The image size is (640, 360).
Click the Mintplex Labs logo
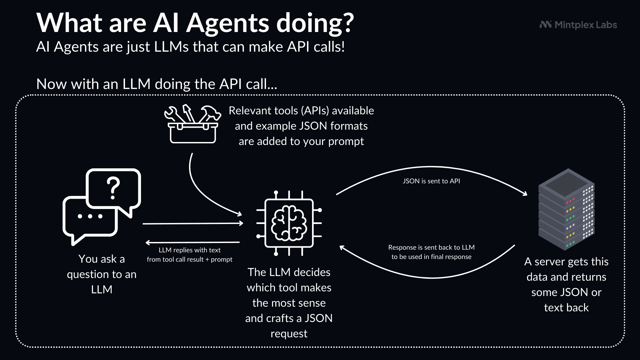point(578,25)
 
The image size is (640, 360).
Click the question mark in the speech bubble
point(113,188)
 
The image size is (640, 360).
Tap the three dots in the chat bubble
point(90,216)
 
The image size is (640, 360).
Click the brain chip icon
point(289,223)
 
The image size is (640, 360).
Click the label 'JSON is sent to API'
point(431,181)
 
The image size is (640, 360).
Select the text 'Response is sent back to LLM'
point(431,247)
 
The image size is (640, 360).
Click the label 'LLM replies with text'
point(189,250)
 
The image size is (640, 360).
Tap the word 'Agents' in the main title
point(228,23)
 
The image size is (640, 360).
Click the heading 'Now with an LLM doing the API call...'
point(157,84)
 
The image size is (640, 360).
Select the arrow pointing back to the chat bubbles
point(193,242)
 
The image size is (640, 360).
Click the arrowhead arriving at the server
point(524,193)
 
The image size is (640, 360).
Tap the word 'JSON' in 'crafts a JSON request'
point(318,318)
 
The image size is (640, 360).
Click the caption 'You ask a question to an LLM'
point(102,274)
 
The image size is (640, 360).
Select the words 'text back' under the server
point(566,307)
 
